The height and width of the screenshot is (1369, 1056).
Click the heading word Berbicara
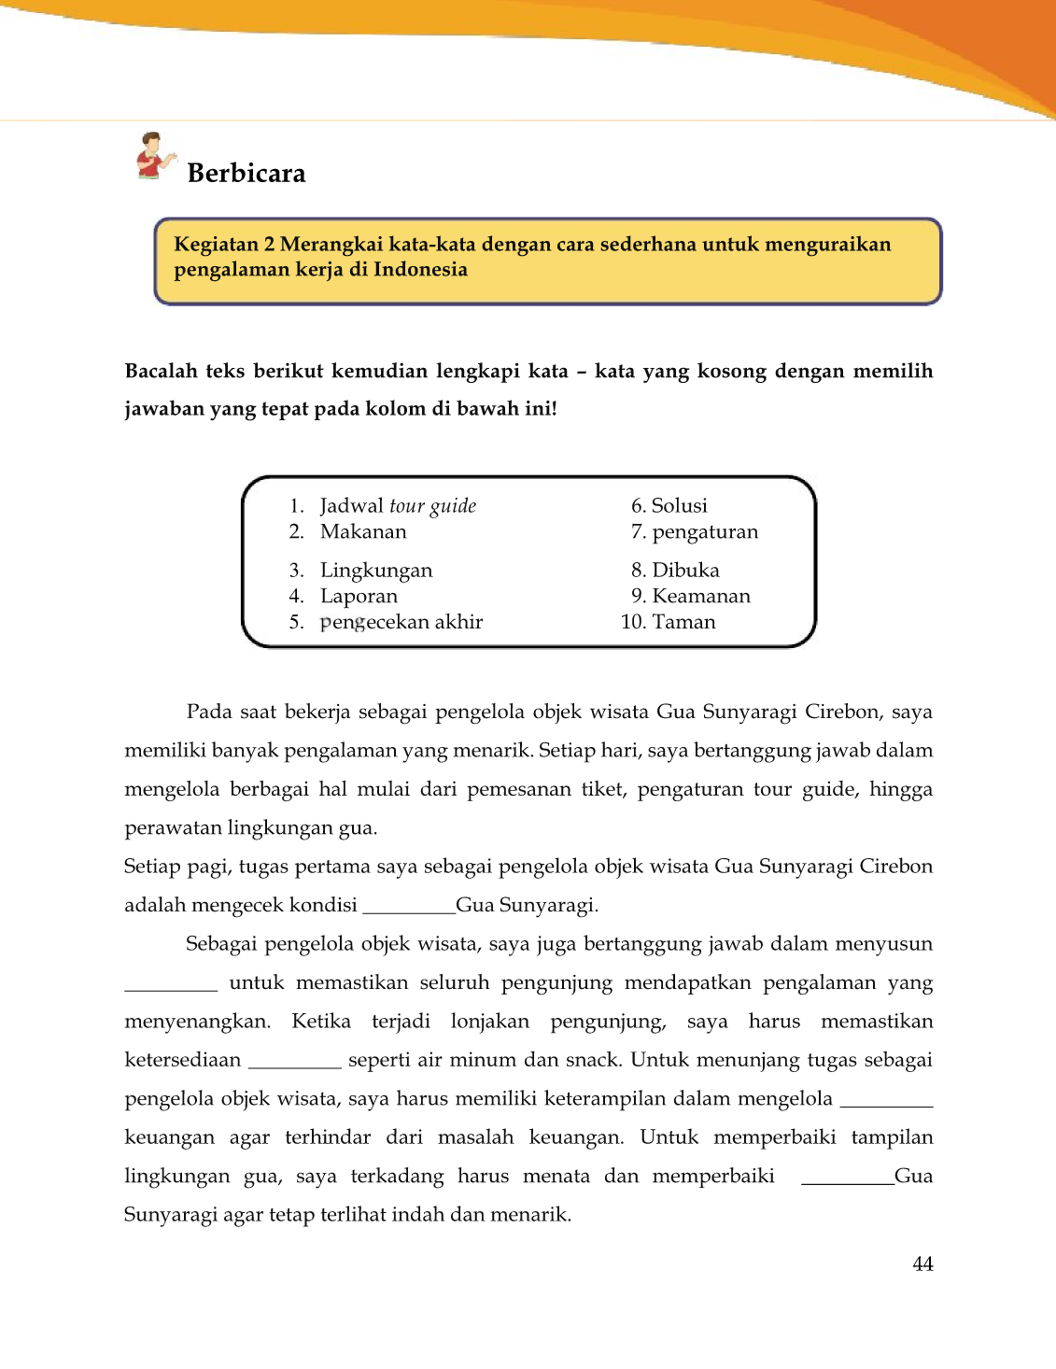tap(246, 174)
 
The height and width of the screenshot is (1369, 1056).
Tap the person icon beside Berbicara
tap(154, 156)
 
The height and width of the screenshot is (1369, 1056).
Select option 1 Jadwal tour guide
tap(398, 506)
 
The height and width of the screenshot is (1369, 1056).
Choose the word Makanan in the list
tap(363, 532)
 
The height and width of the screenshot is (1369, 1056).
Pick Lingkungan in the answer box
tap(376, 571)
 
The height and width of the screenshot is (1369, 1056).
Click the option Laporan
tap(359, 597)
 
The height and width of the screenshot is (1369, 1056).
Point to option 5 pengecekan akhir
tap(401, 623)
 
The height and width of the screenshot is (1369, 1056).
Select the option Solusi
tap(679, 506)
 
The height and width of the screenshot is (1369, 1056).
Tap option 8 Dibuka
tap(685, 571)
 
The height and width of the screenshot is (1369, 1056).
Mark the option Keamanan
tap(701, 597)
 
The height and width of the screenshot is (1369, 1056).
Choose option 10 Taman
tap(683, 623)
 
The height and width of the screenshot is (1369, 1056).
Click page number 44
tap(922, 1264)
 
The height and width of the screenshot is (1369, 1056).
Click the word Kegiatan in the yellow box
tap(217, 245)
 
